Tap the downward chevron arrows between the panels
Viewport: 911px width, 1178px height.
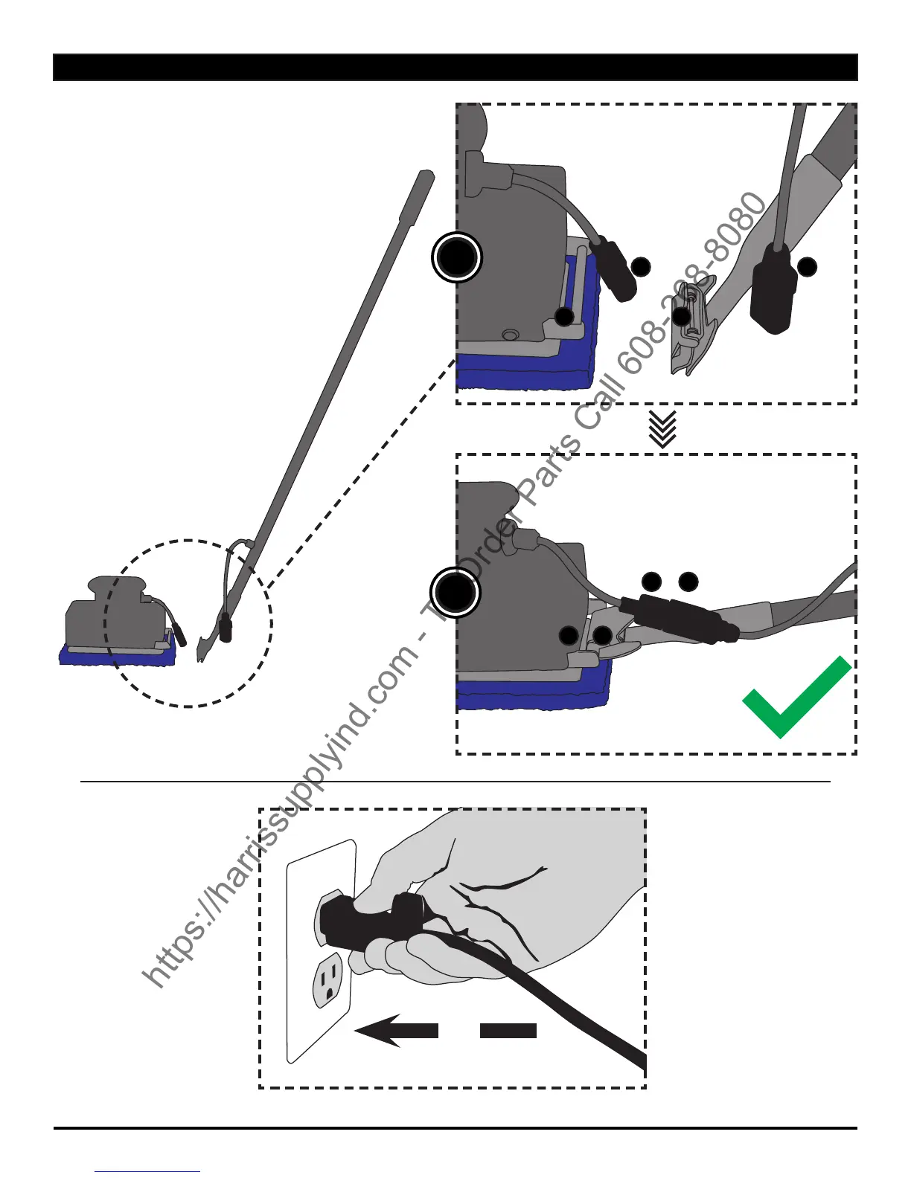(662, 430)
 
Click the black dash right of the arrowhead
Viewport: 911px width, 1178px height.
(508, 1030)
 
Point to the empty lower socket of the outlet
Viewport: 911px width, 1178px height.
(328, 979)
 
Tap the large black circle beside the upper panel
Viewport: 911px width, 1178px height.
(456, 257)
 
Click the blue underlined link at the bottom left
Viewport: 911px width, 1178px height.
(147, 1171)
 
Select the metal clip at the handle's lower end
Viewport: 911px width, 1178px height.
(691, 327)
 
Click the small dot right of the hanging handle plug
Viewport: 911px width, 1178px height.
(808, 266)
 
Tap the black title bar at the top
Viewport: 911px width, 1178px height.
(455, 67)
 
